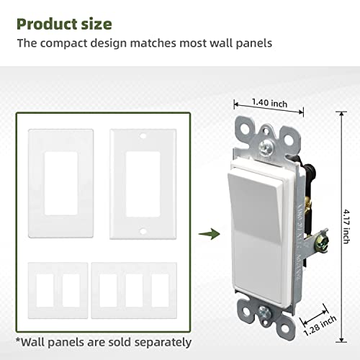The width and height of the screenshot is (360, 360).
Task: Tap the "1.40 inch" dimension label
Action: pos(270,104)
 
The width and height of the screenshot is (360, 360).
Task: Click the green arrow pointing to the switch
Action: pos(210,233)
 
